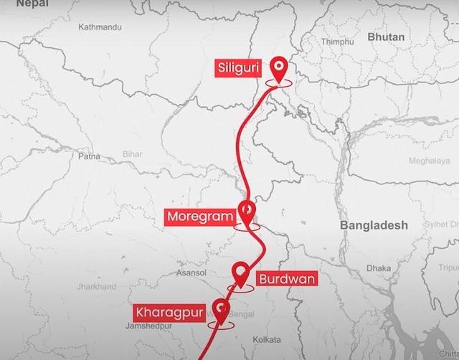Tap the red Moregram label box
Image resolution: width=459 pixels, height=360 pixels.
pos(200,216)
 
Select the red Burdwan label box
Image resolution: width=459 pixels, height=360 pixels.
pos(285,279)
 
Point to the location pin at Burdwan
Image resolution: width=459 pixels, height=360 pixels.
pos(241,273)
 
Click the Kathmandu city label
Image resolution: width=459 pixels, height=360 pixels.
pos(100,27)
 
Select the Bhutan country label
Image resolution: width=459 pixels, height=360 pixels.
pos(385,37)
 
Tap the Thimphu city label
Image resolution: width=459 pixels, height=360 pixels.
pos(337,42)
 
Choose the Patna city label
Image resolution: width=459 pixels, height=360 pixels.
pos(89,155)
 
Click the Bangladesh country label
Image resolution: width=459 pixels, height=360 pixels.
pos(374,225)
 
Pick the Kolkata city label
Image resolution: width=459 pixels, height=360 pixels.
pos(268,339)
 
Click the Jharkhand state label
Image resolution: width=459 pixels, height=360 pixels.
pos(96,287)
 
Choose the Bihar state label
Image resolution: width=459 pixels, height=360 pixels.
pos(132,153)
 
